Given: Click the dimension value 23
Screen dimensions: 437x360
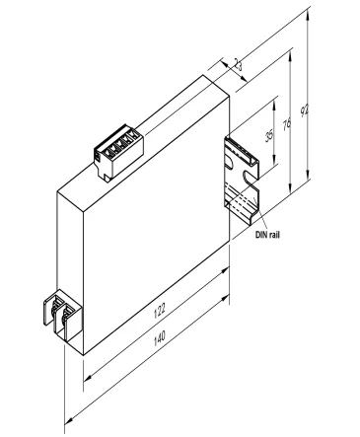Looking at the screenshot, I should click(x=238, y=66).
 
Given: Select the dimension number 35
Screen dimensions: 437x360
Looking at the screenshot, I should click(x=271, y=135).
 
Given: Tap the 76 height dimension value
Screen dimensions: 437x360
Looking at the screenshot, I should click(x=288, y=125).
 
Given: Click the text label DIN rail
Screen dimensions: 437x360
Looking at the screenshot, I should click(x=267, y=237).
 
